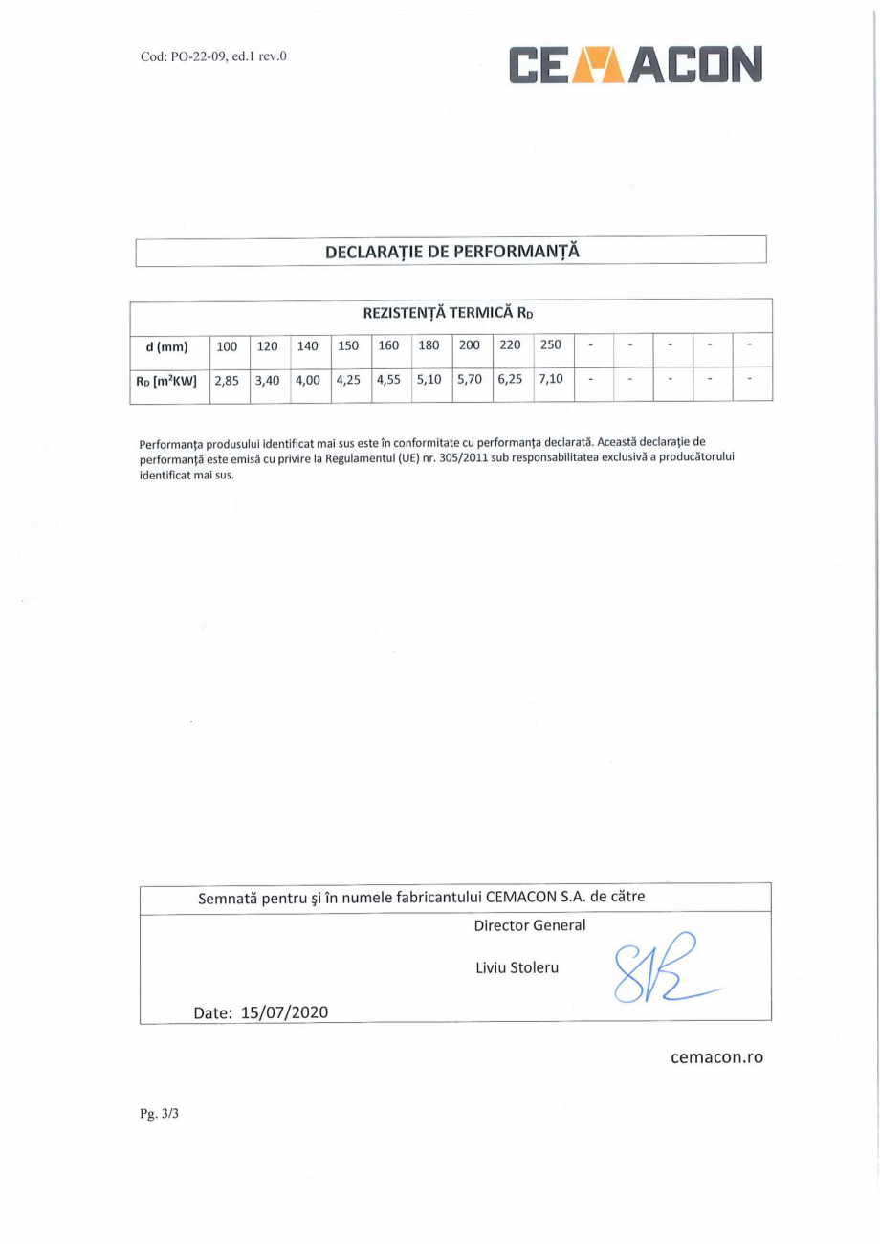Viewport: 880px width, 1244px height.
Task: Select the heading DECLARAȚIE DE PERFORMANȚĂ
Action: (x=451, y=252)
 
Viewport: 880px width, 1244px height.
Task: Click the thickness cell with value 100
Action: (x=228, y=346)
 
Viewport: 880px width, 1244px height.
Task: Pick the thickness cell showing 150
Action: (x=348, y=346)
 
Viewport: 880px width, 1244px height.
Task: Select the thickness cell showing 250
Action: (x=551, y=345)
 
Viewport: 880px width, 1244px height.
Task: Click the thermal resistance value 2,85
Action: (x=227, y=381)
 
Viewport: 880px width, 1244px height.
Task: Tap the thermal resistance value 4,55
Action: (x=388, y=381)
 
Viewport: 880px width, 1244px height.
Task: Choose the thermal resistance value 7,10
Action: (x=551, y=380)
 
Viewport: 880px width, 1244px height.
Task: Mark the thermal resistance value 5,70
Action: (x=470, y=381)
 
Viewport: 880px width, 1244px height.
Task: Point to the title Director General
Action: (x=530, y=926)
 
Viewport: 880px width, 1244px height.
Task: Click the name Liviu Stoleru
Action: (x=517, y=967)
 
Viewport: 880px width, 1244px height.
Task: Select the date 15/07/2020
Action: (x=284, y=1011)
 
